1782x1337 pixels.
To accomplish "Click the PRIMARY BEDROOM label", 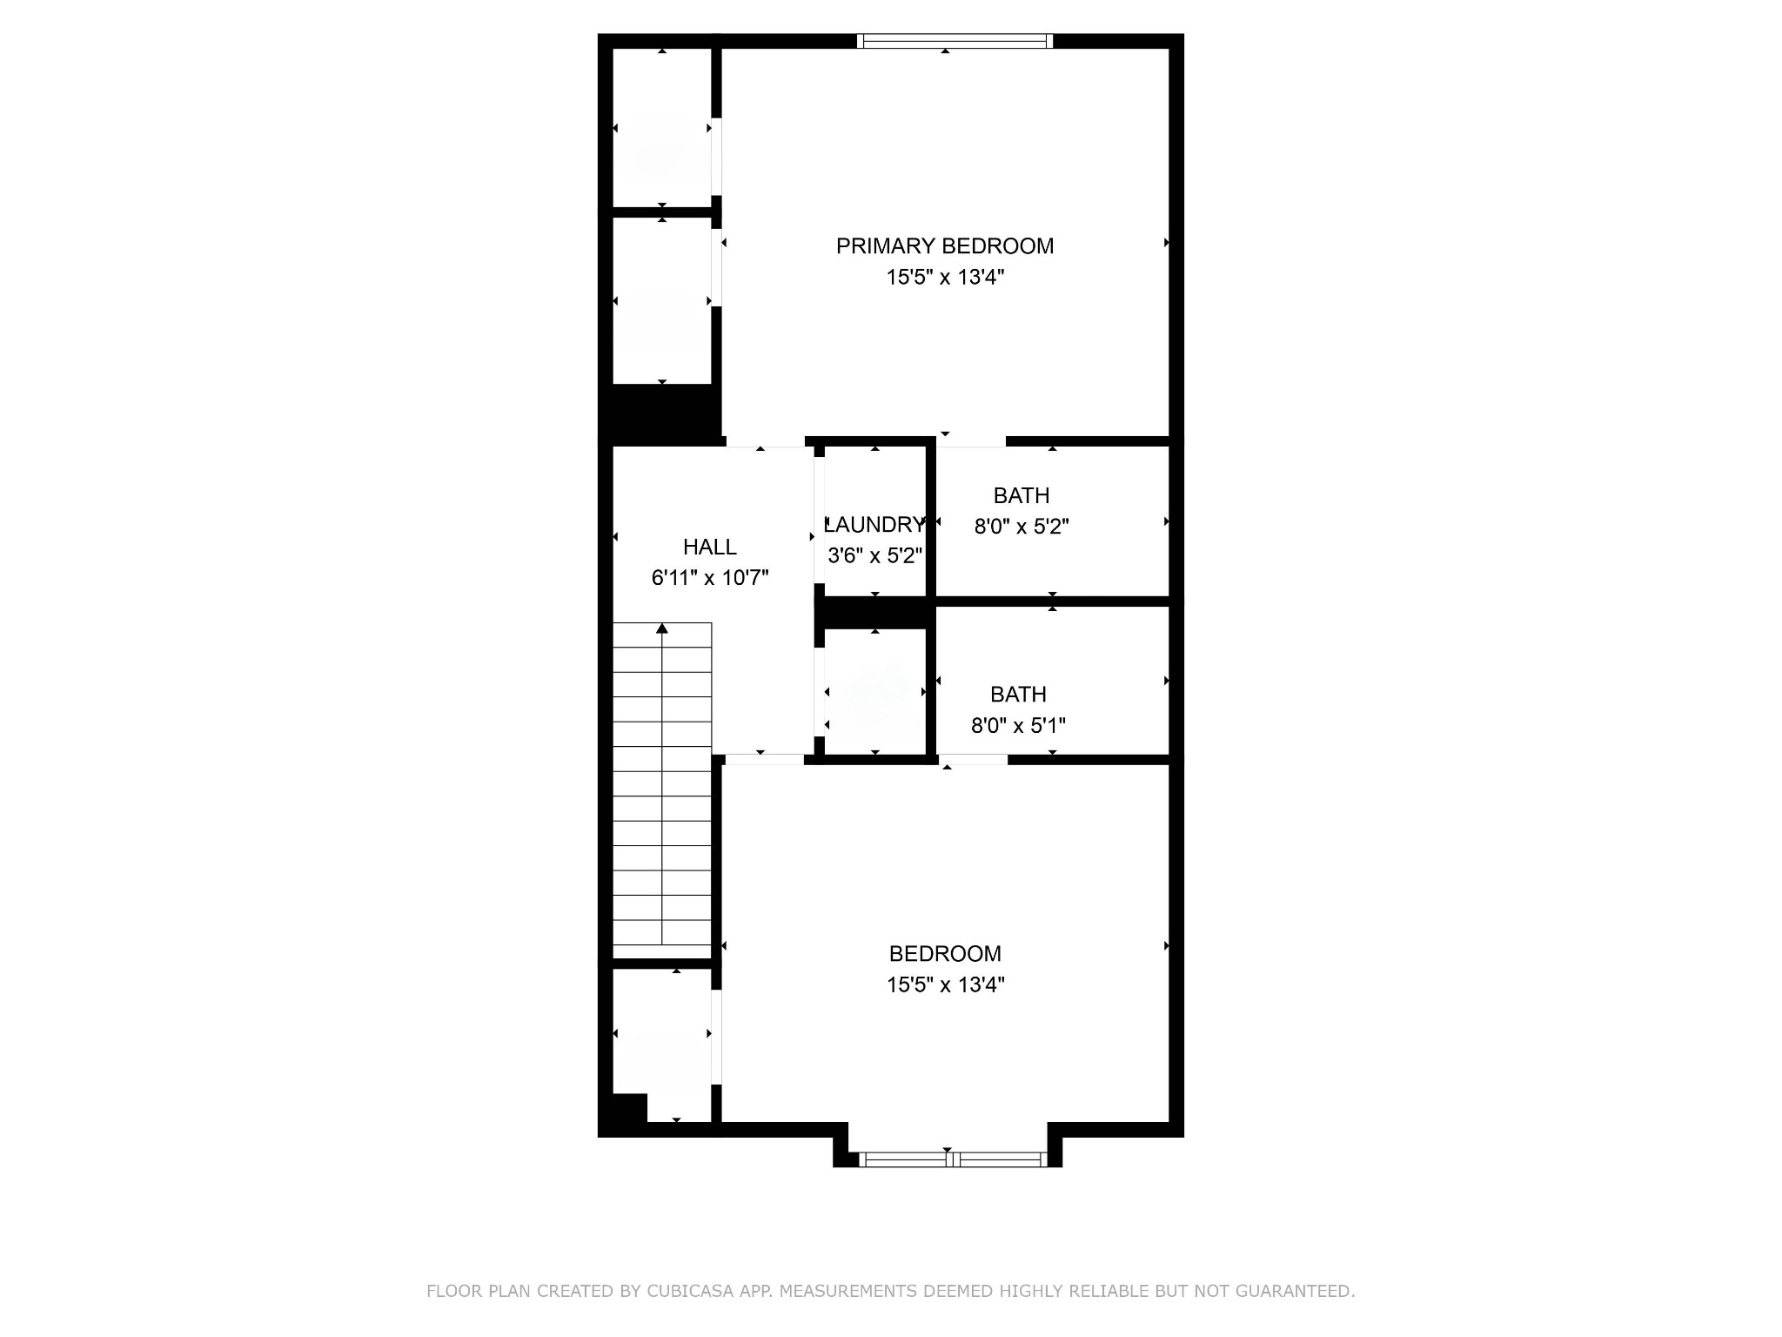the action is click(945, 246).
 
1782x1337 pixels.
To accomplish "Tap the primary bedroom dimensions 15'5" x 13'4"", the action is click(945, 278).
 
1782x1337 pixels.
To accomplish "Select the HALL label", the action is click(710, 547).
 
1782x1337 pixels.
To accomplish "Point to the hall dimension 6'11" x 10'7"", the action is click(710, 578).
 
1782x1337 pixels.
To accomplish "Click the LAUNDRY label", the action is click(874, 524).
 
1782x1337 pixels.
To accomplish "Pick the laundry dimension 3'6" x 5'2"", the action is click(874, 555).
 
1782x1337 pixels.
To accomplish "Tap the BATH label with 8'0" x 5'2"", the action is click(1022, 495).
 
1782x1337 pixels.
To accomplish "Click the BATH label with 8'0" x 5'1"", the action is click(1018, 695).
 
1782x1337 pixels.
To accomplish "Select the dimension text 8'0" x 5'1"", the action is click(1018, 725).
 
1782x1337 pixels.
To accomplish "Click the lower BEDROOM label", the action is click(945, 954).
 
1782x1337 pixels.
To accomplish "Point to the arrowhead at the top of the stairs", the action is click(662, 628).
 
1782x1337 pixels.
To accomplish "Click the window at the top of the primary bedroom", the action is click(955, 40).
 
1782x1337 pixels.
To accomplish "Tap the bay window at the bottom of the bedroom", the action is click(953, 1159).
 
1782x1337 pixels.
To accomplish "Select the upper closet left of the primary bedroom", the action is click(662, 128).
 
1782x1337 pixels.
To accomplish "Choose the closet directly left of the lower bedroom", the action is click(662, 1045).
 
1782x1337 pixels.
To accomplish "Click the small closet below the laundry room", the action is click(874, 692).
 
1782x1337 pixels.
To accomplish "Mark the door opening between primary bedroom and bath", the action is click(971, 441).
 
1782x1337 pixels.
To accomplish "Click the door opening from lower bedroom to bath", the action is click(973, 760).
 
